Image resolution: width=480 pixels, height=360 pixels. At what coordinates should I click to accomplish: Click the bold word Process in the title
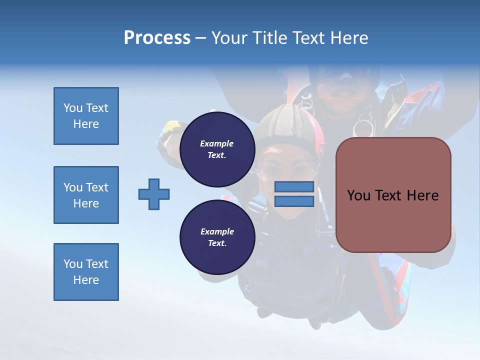click(x=157, y=38)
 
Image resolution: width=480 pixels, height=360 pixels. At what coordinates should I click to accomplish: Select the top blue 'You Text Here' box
click(x=86, y=116)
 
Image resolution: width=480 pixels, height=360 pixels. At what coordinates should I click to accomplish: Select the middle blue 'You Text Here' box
click(x=86, y=195)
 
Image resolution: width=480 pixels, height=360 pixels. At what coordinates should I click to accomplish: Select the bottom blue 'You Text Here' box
click(x=86, y=272)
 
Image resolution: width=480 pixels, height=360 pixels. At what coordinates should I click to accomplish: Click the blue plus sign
click(x=154, y=194)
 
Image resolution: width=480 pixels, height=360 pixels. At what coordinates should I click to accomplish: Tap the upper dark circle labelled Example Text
click(x=217, y=149)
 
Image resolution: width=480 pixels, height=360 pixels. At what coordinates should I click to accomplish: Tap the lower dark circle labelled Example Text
click(x=217, y=237)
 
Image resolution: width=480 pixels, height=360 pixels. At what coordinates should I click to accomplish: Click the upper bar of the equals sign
click(x=294, y=187)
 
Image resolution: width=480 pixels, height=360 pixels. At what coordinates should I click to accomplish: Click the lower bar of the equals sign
click(x=294, y=201)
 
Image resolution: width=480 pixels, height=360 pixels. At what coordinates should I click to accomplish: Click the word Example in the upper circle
click(x=217, y=143)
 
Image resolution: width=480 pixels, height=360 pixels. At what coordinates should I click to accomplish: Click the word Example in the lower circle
click(x=217, y=231)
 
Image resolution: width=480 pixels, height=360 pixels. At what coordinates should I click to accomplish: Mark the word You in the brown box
click(x=358, y=195)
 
